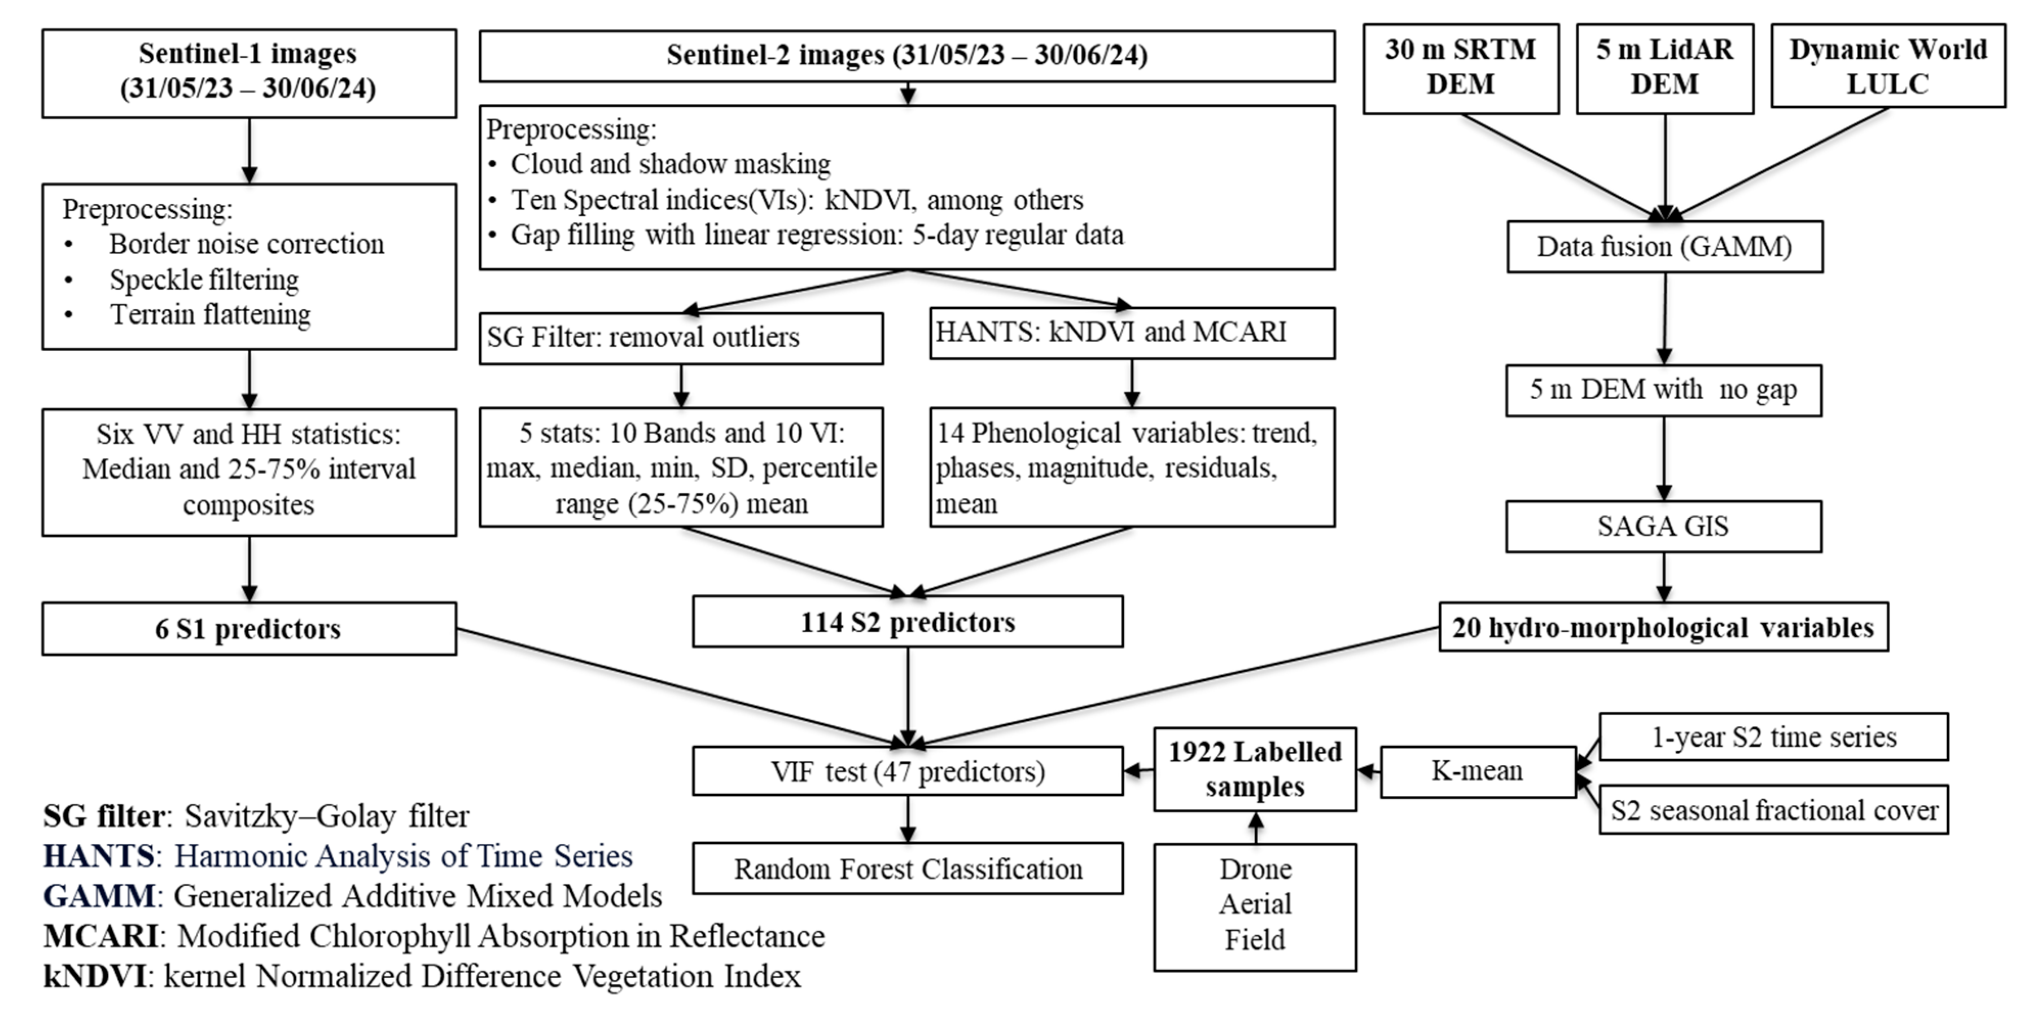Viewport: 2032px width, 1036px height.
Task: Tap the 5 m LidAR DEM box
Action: coord(1665,68)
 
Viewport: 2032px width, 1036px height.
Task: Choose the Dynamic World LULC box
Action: coord(1888,66)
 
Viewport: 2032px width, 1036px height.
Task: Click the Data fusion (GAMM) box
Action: coord(1665,247)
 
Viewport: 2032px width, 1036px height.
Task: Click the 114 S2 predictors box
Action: coord(907,622)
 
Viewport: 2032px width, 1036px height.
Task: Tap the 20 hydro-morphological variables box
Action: coord(1663,627)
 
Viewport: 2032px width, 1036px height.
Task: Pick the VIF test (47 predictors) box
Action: coord(907,771)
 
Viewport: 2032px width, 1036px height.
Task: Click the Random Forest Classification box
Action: coord(907,869)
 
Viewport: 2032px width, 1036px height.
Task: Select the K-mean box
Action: coord(1477,771)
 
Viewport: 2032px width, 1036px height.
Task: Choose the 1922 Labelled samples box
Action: coord(1254,769)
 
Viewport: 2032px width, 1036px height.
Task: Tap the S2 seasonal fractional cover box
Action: coord(1773,810)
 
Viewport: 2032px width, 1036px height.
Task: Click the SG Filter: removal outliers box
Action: coord(681,338)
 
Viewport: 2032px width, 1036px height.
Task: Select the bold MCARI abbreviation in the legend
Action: coord(101,936)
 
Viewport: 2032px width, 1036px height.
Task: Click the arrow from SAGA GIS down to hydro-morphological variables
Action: coord(1665,577)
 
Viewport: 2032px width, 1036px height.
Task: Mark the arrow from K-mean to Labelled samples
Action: coord(1369,771)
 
